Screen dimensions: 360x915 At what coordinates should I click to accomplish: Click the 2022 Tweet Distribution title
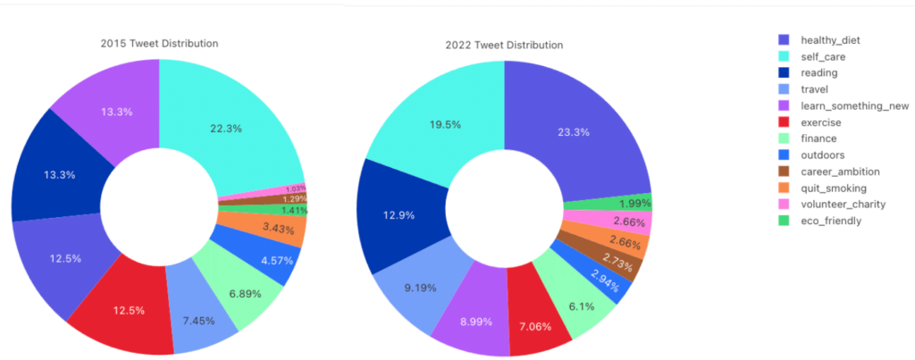point(504,45)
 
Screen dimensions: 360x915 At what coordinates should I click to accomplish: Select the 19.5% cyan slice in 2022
point(444,124)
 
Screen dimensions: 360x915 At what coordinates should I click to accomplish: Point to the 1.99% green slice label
point(634,202)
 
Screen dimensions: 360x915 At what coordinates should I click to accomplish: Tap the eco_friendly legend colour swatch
point(784,220)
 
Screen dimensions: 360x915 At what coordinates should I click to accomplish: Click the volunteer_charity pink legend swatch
point(784,204)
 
